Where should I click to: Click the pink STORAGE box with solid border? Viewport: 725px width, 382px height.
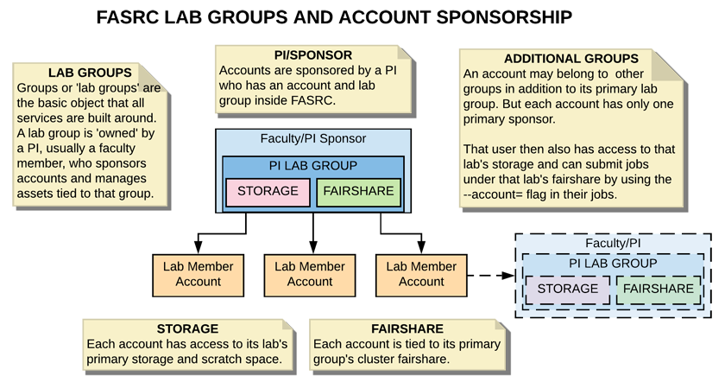click(x=268, y=192)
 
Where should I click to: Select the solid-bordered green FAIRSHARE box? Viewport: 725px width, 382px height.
click(x=358, y=192)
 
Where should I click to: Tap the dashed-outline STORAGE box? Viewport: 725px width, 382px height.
click(x=567, y=290)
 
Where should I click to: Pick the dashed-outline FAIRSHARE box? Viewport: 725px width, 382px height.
click(x=659, y=290)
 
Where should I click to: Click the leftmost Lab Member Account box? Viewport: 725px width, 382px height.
click(x=198, y=275)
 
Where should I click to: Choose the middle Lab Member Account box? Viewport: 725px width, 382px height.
click(x=310, y=275)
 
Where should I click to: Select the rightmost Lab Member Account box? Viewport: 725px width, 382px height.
click(x=421, y=275)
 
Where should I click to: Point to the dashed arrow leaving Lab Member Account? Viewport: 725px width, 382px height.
click(x=491, y=276)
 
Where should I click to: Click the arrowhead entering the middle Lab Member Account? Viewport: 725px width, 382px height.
click(x=313, y=247)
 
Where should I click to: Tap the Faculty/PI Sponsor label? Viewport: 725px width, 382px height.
click(x=313, y=138)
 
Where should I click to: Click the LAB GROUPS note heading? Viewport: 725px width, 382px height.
click(x=90, y=73)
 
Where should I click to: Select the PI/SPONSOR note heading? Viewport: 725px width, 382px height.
click(x=313, y=55)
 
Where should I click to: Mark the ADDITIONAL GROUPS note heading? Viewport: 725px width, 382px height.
click(x=571, y=59)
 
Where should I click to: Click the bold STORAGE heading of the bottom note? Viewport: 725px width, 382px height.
click(x=187, y=328)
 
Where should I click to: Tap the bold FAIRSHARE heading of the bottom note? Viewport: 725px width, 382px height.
click(x=407, y=328)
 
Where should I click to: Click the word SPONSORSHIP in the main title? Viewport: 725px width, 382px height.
click(x=504, y=17)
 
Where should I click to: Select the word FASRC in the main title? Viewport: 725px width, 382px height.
click(x=127, y=17)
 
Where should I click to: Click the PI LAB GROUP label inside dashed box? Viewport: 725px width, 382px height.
click(x=613, y=264)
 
